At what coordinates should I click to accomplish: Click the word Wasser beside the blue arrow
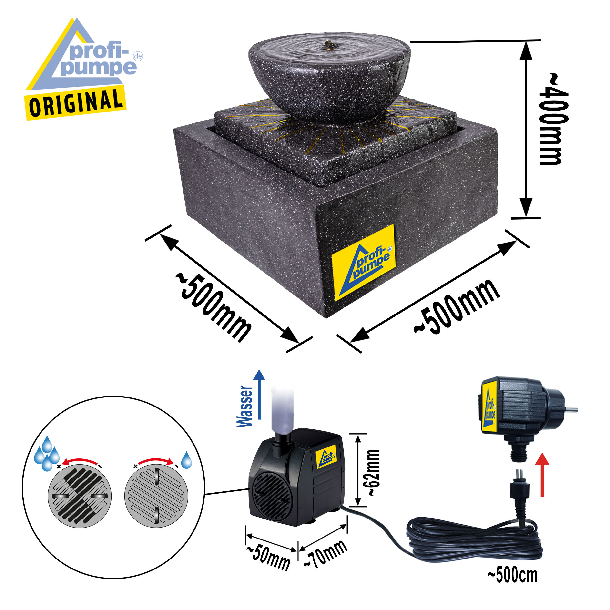[245, 406]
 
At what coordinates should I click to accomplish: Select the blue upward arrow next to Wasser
[259, 394]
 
